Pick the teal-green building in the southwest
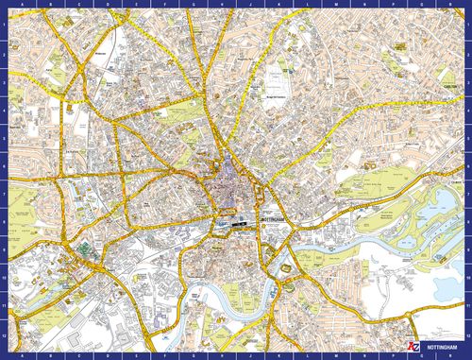(85, 249)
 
